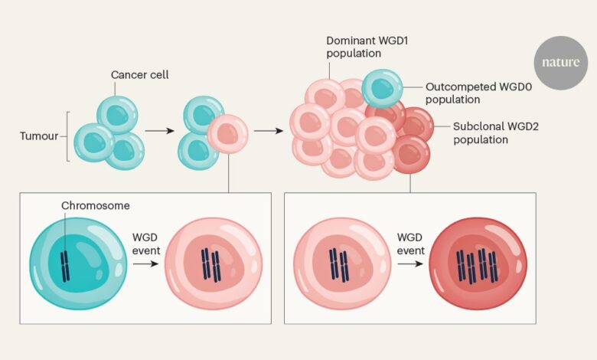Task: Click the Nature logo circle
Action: click(561, 63)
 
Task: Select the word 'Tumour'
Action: click(39, 137)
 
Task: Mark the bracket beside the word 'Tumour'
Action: click(69, 137)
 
